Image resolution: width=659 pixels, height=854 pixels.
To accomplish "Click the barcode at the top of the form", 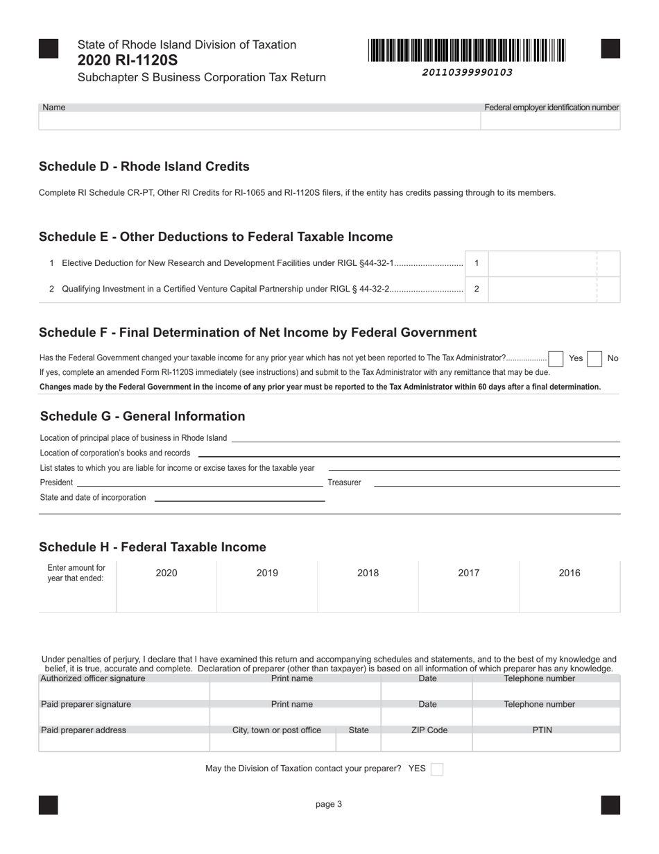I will [467, 51].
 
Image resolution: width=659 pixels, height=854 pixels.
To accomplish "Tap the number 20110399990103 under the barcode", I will [467, 72].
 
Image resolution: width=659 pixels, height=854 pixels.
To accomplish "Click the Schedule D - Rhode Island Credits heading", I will [144, 167].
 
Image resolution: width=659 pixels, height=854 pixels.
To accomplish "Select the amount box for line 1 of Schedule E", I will [542, 264].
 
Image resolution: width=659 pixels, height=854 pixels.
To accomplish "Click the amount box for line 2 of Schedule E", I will [542, 290].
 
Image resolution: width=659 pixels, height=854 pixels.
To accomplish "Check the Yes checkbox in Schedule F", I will [556, 359].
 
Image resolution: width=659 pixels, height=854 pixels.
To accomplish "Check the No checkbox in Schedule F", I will [594, 359].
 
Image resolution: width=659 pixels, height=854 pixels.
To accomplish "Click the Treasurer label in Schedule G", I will [344, 483].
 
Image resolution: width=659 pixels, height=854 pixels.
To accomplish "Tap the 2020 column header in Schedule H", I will [166, 573].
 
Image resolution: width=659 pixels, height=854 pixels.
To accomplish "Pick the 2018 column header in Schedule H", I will [368, 573].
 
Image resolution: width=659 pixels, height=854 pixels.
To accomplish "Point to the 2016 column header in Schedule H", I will [570, 573].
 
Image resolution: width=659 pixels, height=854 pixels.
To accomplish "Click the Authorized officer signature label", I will [93, 678].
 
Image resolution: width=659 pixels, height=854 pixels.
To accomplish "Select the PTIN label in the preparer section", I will [542, 730].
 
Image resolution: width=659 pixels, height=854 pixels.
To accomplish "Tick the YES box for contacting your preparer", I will [437, 769].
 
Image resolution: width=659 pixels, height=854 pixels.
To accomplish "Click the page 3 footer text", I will [329, 805].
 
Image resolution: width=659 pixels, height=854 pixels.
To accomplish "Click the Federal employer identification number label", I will [551, 108].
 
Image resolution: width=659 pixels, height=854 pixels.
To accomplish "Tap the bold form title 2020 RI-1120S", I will [128, 60].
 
